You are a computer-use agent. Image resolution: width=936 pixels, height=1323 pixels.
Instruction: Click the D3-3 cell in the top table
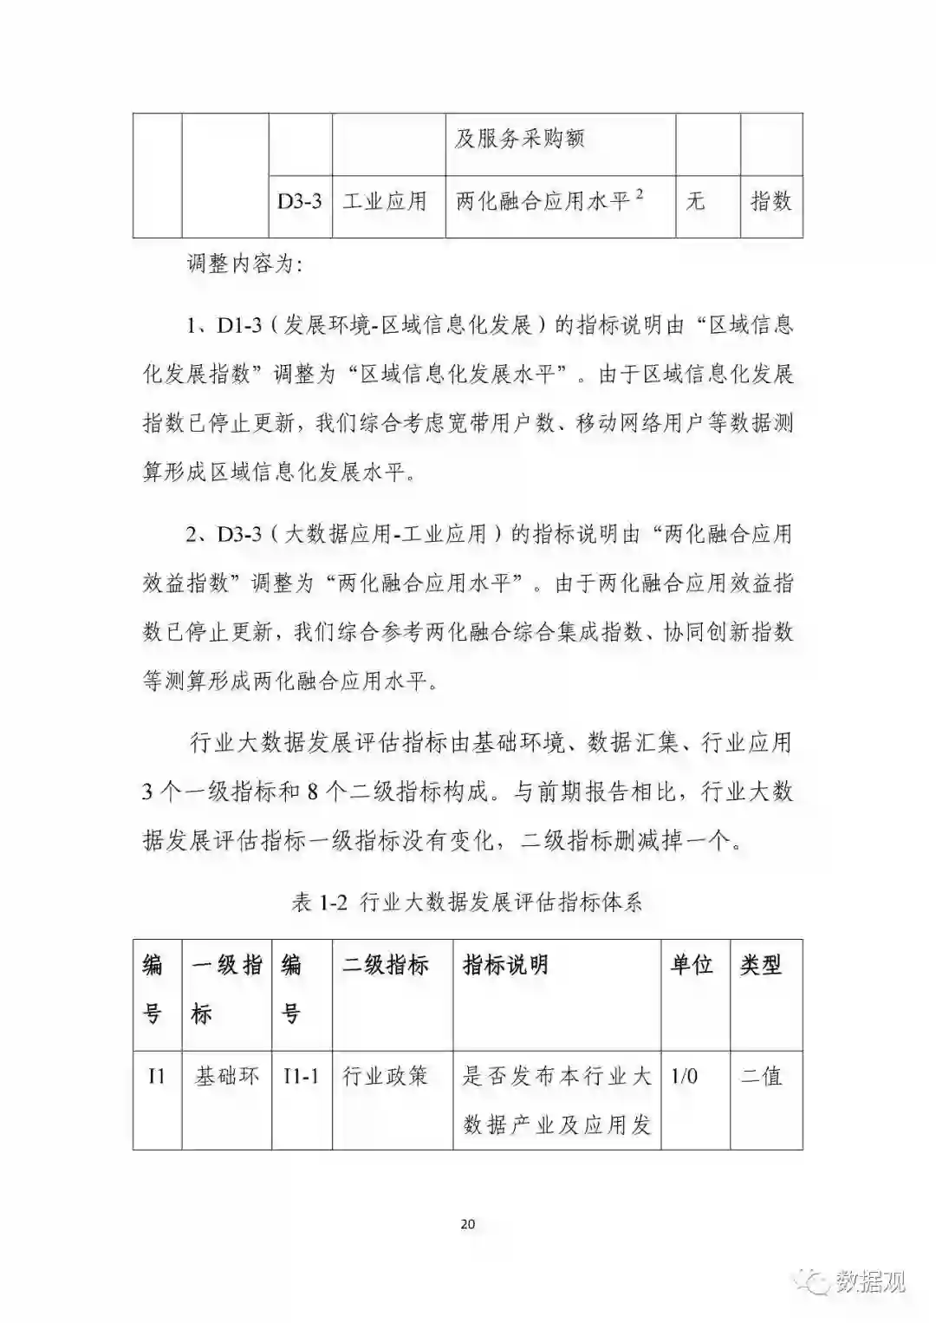300,202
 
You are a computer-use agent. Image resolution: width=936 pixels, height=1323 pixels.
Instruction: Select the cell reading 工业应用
385,202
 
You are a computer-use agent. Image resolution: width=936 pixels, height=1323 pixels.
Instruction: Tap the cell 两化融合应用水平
549,201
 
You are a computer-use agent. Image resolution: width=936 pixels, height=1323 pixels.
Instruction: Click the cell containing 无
695,202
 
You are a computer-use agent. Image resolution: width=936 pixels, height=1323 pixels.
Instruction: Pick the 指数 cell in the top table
770,202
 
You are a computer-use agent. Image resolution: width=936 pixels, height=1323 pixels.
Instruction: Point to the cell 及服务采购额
520,139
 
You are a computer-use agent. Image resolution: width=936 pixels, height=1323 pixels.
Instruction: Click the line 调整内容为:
245,264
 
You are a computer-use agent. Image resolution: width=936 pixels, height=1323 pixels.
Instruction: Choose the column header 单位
692,965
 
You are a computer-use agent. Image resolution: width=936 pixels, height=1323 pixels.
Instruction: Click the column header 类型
760,965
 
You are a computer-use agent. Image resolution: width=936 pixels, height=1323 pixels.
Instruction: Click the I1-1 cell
301,1077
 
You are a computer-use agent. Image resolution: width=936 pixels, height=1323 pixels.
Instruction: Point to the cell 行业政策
386,1077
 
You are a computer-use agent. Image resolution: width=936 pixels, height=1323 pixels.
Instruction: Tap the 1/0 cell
684,1077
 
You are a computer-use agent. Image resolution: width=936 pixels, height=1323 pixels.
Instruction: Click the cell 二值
761,1077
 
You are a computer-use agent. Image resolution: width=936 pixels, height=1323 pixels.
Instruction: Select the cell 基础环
226,1077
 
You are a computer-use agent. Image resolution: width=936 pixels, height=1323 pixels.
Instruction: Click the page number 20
468,1224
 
